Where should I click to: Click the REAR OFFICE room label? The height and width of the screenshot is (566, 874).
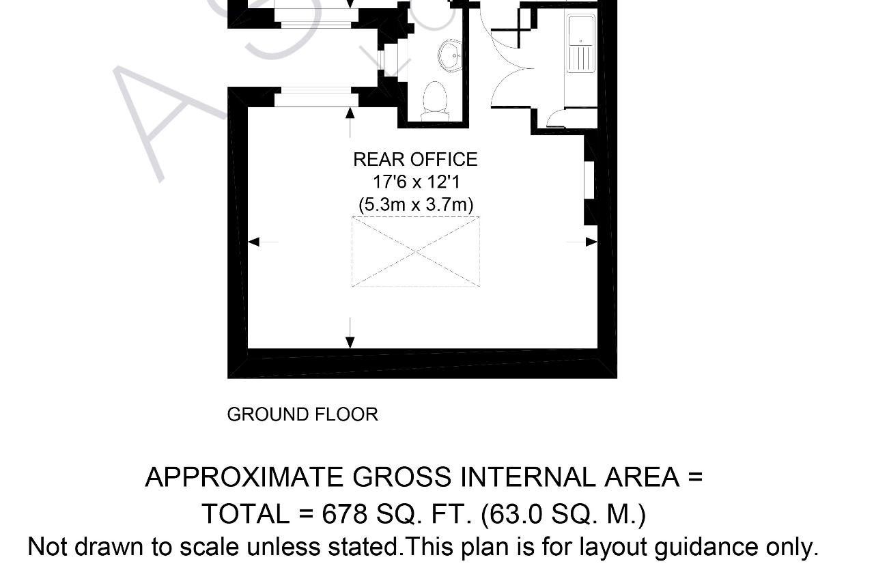point(416,160)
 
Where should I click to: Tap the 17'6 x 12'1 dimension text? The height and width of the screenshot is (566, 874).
point(417,182)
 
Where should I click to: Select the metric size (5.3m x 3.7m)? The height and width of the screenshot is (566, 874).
point(416,204)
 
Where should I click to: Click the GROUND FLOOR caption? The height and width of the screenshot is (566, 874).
point(302,414)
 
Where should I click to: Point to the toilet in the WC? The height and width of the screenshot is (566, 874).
point(435,100)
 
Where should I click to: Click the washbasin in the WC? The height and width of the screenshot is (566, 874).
point(450,57)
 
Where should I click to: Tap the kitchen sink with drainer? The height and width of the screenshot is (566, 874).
point(581,44)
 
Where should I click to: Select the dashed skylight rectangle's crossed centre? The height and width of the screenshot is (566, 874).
point(416,252)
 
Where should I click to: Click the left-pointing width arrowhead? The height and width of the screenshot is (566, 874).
point(253,242)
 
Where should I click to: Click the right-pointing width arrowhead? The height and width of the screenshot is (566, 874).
point(591,242)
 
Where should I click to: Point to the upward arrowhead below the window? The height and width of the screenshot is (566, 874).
point(350,113)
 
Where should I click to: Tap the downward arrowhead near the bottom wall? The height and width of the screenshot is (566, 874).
point(350,343)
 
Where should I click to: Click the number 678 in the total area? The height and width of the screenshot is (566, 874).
point(345,513)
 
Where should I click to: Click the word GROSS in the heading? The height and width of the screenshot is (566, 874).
point(402,477)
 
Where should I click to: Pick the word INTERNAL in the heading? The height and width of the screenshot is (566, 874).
point(528,477)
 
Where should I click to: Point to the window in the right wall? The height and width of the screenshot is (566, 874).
point(589,181)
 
